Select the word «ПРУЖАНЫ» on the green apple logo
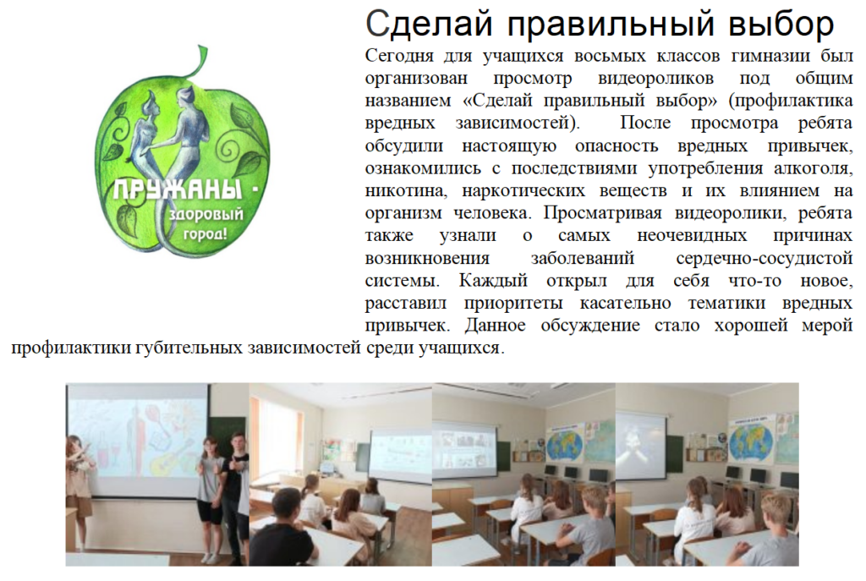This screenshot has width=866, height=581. tap(178, 190)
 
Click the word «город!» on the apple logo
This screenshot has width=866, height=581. tap(205, 234)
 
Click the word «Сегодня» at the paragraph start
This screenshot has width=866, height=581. tap(402, 57)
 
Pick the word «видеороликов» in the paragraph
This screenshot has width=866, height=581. tap(655, 79)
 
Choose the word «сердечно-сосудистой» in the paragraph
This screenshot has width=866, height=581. tap(765, 259)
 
